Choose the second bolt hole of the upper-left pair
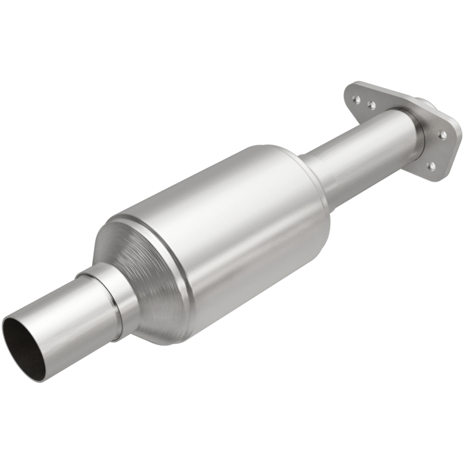point(371,106)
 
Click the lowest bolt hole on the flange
point(431,166)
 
